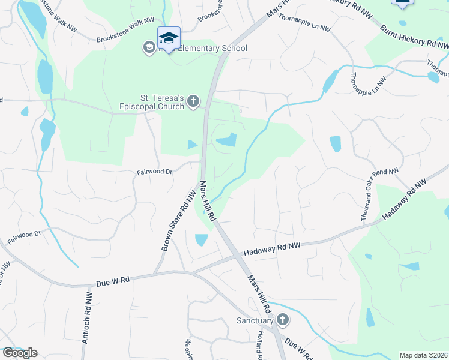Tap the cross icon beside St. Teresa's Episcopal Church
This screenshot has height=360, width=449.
click(x=193, y=101)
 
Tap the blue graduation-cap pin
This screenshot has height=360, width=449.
click(x=169, y=38)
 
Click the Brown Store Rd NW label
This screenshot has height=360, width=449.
click(x=179, y=221)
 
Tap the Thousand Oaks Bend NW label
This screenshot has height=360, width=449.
click(x=381, y=196)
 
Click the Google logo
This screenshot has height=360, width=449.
click(x=19, y=353)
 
